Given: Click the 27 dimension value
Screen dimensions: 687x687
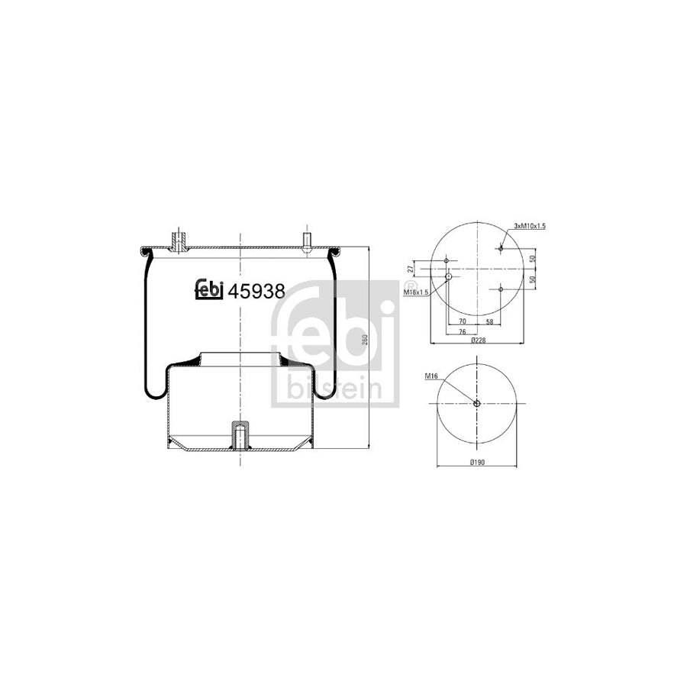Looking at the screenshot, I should click(x=411, y=269).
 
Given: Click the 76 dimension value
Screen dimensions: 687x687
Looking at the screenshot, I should click(x=463, y=331).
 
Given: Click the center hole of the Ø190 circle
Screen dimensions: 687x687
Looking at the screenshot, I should click(x=476, y=404).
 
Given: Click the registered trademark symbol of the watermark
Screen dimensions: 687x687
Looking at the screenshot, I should click(x=402, y=293).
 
